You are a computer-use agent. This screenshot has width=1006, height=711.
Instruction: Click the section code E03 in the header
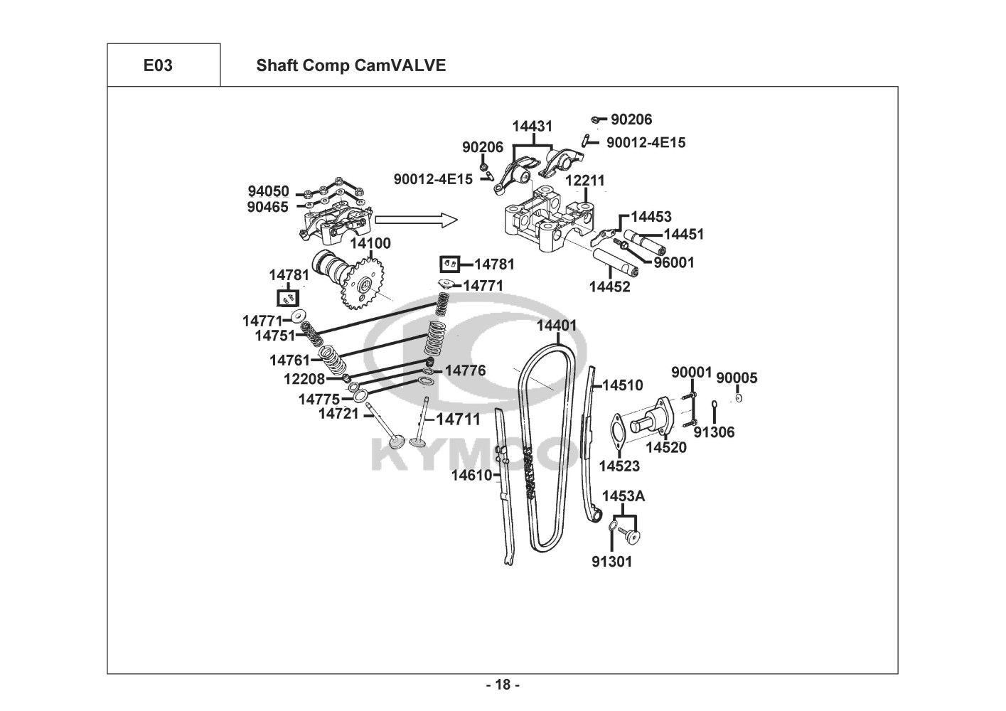click(x=157, y=65)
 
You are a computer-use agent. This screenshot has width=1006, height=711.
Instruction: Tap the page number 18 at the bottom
click(x=503, y=685)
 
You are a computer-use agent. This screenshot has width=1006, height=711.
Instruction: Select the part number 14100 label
click(x=370, y=244)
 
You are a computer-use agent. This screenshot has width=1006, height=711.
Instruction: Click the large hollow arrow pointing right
click(x=415, y=220)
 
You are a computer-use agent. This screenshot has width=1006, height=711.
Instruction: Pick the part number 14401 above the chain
click(x=557, y=326)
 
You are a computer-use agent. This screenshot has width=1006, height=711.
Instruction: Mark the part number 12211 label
click(x=585, y=181)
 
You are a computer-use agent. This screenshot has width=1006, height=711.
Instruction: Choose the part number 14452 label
click(x=609, y=287)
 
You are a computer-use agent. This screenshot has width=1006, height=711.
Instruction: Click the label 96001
click(x=674, y=262)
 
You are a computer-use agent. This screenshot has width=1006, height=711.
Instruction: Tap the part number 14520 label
click(x=666, y=447)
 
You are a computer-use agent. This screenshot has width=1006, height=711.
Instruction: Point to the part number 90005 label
click(x=737, y=378)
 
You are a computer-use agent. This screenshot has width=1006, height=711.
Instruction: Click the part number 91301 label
click(x=611, y=562)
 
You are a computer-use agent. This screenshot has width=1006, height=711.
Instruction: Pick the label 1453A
click(x=624, y=496)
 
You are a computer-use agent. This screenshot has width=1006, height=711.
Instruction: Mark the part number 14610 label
click(x=472, y=475)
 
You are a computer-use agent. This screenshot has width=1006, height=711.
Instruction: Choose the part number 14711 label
click(x=458, y=419)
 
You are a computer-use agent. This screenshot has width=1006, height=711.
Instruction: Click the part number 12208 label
click(x=304, y=379)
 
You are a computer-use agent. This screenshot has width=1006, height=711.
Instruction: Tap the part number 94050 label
click(x=268, y=191)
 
